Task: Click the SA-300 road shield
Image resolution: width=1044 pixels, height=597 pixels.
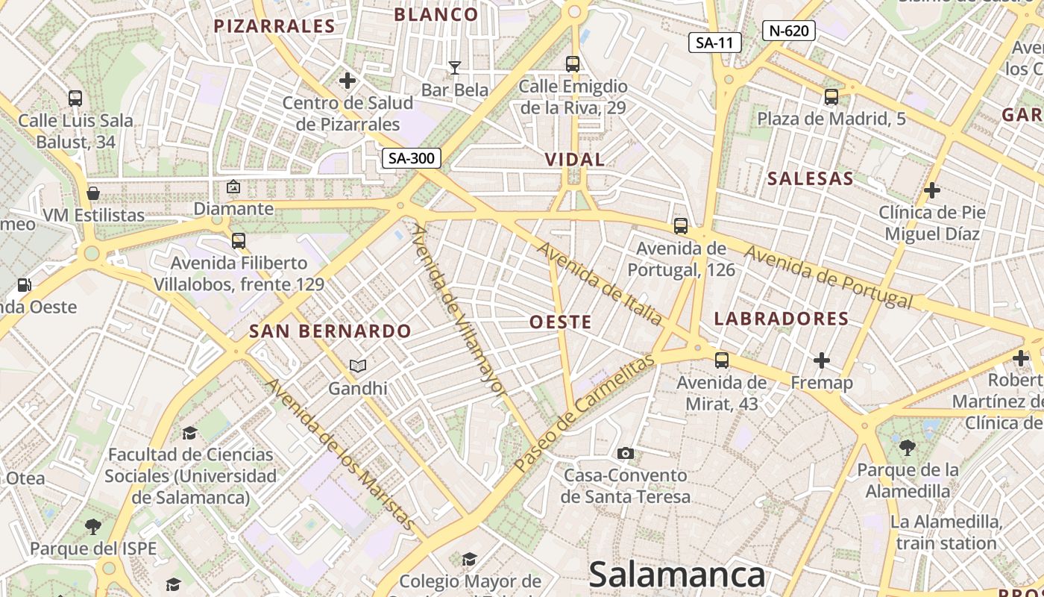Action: coord(411,158)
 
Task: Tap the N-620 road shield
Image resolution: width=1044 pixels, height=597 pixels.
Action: coord(788,31)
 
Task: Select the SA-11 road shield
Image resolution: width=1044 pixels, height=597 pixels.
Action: coord(714,43)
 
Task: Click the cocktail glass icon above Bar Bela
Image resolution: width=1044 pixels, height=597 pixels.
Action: coord(454,68)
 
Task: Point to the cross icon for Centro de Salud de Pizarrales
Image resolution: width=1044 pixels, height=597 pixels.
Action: coord(348,81)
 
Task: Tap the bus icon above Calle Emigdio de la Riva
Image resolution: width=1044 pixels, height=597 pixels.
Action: coord(573,64)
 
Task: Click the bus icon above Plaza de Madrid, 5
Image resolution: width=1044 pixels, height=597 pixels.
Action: coord(831,97)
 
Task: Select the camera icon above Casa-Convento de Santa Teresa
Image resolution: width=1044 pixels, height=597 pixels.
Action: coord(626,453)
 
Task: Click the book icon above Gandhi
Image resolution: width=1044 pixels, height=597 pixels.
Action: coord(358,366)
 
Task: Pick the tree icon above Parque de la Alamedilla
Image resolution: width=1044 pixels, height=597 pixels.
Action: coord(908,448)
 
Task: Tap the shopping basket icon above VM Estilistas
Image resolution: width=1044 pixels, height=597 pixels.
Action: coord(93,193)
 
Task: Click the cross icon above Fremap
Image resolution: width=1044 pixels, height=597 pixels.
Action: coord(822,361)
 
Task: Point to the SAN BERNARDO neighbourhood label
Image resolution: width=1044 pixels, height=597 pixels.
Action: coord(330,331)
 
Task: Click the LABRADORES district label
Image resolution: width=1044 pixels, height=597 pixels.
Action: coord(782,319)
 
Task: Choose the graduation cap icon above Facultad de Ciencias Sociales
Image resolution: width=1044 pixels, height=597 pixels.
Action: coord(189,433)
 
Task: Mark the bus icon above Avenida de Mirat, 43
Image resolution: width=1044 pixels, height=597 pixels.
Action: coord(721,360)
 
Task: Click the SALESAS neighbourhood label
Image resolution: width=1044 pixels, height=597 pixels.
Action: coord(810,178)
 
